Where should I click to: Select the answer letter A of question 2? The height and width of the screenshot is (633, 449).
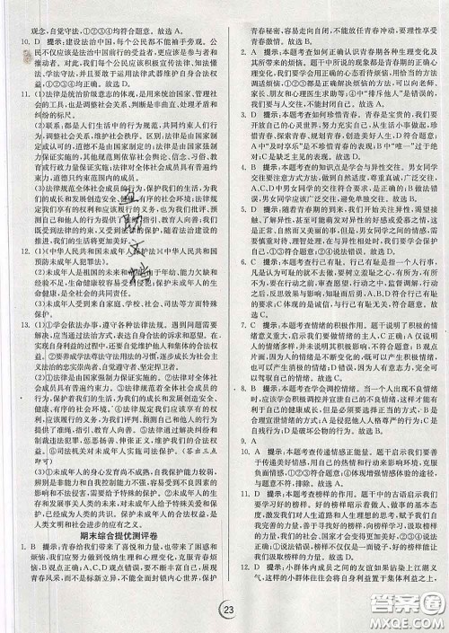tap(255, 52)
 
